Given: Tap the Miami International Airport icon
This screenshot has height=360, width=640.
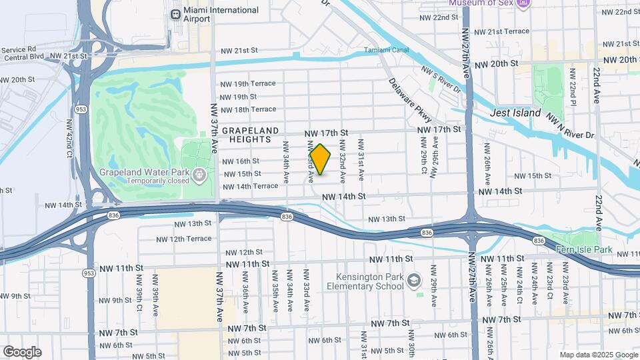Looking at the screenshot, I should (176, 14).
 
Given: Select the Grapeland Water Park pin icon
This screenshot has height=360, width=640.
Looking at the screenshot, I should (199, 175).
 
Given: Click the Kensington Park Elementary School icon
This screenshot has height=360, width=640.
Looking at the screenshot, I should (414, 281).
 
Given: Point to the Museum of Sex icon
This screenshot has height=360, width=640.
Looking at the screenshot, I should (523, 3).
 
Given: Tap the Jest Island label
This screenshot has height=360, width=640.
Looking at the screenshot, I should (515, 113).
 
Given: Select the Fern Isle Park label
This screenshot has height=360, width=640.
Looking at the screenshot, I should (584, 249).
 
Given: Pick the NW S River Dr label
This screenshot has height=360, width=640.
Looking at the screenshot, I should (441, 79).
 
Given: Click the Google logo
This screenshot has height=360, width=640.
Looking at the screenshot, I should (22, 352).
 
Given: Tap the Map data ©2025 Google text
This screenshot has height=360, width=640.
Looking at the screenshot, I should (598, 355).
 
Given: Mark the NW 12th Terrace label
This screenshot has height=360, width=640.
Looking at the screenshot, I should (184, 239).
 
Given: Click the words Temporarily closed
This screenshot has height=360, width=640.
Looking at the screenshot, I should (143, 181).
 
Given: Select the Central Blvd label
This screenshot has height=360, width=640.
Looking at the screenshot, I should (22, 57).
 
